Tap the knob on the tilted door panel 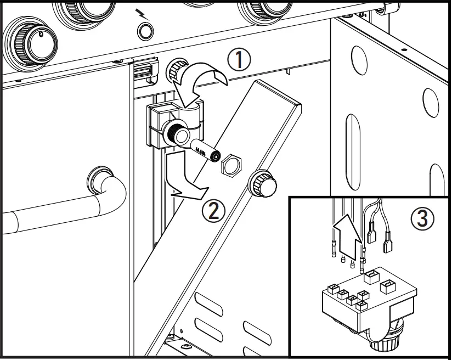click(x=263, y=184)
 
